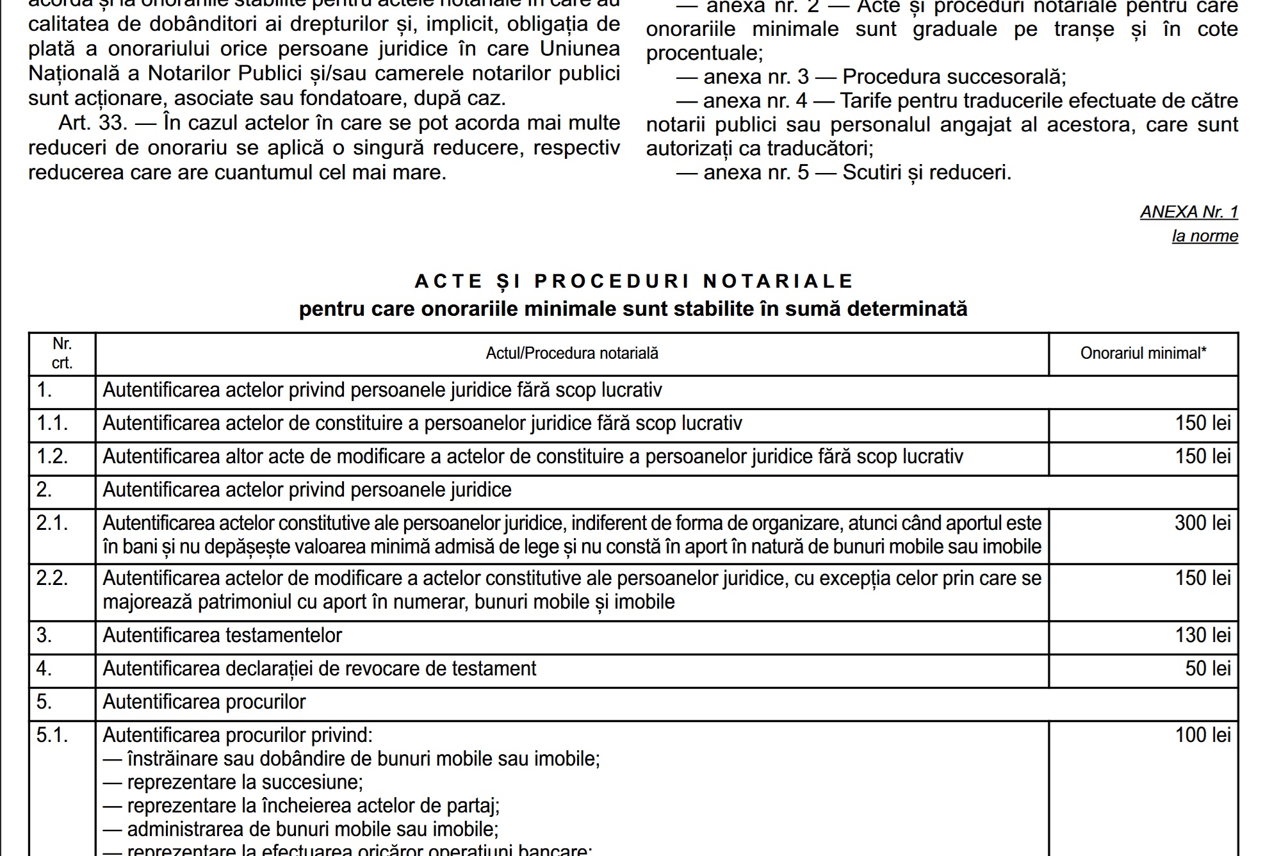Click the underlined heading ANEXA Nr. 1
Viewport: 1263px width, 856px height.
(x=1189, y=212)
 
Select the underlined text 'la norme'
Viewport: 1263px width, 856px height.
(x=1205, y=236)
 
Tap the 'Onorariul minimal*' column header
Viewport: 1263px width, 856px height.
(x=1143, y=353)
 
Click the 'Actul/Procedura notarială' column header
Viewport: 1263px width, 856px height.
(x=572, y=353)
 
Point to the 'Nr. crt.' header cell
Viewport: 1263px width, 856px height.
(x=62, y=353)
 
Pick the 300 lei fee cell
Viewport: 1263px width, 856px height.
(x=1202, y=523)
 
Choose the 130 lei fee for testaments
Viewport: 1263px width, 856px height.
(x=1202, y=635)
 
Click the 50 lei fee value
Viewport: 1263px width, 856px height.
(x=1207, y=668)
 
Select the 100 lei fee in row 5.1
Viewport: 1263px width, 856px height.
(x=1202, y=735)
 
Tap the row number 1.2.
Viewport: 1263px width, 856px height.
(x=52, y=456)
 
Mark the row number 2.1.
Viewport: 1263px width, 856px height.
(x=52, y=523)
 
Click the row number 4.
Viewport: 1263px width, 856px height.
(x=44, y=668)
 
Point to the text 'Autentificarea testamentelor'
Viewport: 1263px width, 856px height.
(x=222, y=635)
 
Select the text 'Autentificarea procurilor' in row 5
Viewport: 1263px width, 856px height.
(x=204, y=702)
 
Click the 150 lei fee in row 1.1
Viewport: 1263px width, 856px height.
(x=1202, y=423)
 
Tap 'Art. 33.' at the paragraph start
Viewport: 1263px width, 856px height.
(x=93, y=123)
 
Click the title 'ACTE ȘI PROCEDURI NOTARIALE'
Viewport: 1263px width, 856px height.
(x=633, y=281)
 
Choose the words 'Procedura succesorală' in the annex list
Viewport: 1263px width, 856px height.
(x=953, y=77)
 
